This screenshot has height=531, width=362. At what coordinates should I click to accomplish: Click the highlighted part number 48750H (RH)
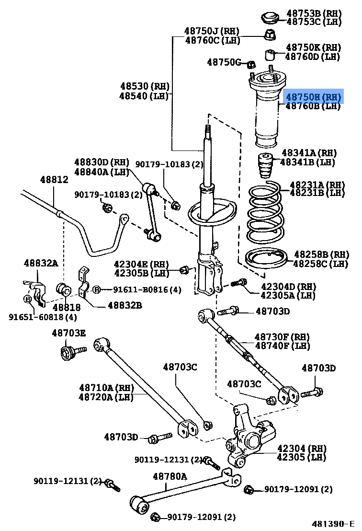pos(314,96)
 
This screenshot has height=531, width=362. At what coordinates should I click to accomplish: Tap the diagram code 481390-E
pos(333,523)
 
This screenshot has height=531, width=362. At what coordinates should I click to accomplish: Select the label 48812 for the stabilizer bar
pos(54,180)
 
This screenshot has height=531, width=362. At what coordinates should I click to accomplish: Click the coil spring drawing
pos(266,213)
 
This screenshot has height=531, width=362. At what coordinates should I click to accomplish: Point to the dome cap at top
pos(271,18)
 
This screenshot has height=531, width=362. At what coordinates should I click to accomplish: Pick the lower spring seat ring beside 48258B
pos(266,258)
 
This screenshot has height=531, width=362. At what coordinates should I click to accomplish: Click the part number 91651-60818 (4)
pos(43,317)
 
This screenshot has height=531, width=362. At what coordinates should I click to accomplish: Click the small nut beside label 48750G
pos(250,64)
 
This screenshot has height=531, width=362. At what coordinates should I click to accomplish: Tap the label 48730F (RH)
pos(282,337)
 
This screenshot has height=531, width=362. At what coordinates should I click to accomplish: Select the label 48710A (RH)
pos(99,387)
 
